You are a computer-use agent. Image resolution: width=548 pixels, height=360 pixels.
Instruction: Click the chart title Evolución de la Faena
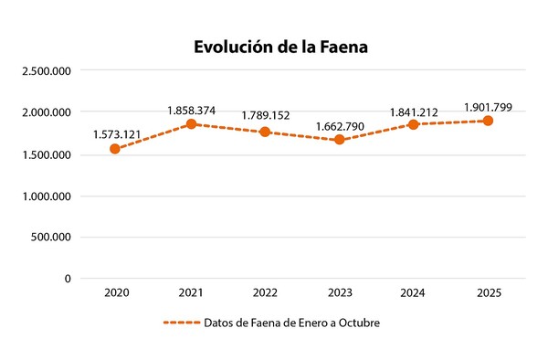280,46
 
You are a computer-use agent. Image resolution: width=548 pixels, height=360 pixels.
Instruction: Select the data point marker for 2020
116,148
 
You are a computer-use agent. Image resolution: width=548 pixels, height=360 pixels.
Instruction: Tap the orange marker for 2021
191,123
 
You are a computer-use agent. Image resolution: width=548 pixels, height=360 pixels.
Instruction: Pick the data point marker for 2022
265,132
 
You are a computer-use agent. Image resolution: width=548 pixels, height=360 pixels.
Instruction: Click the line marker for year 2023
340,140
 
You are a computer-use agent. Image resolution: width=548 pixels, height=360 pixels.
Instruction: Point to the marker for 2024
414,124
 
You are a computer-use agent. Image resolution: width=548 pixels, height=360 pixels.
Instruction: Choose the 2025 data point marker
489,121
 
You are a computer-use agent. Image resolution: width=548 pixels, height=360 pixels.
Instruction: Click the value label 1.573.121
117,134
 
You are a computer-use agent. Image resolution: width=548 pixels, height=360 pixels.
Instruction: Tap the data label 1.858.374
191,111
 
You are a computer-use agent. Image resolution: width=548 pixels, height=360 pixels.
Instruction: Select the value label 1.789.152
266,116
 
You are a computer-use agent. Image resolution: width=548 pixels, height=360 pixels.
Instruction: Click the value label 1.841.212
414,111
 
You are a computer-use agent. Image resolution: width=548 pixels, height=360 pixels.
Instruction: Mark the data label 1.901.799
489,107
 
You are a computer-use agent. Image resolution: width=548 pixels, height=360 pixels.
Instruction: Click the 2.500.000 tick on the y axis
45,70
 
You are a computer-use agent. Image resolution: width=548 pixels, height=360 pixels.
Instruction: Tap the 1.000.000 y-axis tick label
45,196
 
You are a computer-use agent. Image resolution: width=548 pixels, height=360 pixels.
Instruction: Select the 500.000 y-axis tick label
50,237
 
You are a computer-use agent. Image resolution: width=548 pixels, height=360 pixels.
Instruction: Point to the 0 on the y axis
68,279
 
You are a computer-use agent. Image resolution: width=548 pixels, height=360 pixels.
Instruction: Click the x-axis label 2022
265,292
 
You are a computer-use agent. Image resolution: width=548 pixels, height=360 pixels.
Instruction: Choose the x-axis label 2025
489,292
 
